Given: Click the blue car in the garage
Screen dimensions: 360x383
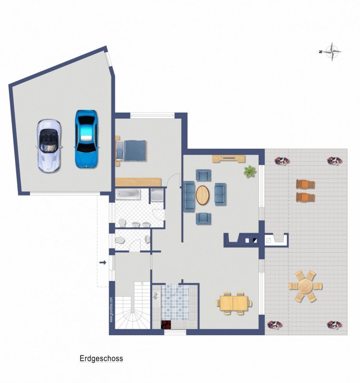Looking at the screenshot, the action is click(x=86, y=139).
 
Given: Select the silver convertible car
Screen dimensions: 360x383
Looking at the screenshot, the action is click(x=49, y=146).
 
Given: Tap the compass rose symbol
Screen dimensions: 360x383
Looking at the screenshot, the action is click(x=332, y=52).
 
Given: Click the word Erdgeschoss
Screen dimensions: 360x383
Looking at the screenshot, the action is click(x=101, y=358).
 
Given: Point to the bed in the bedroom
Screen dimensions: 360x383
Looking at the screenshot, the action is click(x=131, y=151).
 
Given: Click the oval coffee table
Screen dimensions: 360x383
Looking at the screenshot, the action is click(x=203, y=195).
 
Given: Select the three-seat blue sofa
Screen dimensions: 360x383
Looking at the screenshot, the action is click(x=189, y=196).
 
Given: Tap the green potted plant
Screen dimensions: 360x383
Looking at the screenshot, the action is click(x=250, y=171).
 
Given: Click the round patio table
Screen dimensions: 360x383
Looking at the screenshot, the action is click(x=305, y=286).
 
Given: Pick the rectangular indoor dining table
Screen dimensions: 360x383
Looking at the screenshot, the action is click(x=234, y=303).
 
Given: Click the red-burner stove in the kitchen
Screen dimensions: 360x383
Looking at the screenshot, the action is click(x=166, y=325).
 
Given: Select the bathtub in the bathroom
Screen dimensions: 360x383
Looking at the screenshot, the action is click(x=128, y=194).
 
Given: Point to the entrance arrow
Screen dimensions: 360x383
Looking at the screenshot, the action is click(x=103, y=263).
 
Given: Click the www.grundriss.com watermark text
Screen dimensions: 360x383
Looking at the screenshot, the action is click(x=111, y=309).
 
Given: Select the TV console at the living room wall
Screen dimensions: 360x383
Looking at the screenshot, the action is click(x=229, y=159).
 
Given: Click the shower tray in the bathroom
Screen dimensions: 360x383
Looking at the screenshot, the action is click(x=157, y=195).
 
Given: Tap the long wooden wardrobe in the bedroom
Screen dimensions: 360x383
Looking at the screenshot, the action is click(x=138, y=182).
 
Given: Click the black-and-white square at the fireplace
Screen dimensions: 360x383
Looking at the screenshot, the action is click(x=255, y=240).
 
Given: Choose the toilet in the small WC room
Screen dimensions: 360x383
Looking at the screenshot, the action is click(x=120, y=240).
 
